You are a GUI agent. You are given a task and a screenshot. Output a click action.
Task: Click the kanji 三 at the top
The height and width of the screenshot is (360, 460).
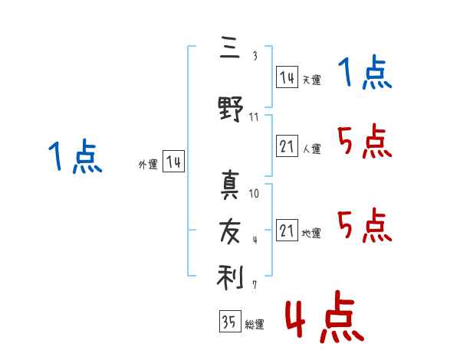230,47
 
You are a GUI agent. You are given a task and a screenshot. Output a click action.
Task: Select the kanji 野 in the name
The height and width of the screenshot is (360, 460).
231,109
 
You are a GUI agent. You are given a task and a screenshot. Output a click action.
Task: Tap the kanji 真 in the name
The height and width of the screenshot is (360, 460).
230,185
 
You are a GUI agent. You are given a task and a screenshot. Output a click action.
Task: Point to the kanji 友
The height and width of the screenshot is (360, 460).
230,231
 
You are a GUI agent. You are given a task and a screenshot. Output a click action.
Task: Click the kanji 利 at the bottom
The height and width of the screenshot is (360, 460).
230,277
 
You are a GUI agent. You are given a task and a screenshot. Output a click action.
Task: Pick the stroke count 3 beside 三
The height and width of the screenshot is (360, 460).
255,56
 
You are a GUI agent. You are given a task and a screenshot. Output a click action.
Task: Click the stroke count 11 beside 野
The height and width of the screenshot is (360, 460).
254,117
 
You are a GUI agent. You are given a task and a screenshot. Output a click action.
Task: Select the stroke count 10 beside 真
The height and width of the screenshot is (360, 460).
254,194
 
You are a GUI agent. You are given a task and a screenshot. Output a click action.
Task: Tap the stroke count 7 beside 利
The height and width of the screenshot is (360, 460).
255,284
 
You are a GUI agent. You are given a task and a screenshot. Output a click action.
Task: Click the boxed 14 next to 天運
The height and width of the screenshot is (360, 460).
287,77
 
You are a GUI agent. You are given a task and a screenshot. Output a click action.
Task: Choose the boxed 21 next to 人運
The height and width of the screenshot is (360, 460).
287,146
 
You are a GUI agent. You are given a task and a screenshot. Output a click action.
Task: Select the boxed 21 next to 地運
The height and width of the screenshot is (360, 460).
287,230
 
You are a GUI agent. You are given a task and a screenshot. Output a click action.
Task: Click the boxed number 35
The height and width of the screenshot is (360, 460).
230,321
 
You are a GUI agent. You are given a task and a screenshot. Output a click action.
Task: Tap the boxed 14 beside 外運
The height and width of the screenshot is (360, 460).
174,161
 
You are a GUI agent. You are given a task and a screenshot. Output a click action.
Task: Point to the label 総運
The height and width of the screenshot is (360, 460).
255,324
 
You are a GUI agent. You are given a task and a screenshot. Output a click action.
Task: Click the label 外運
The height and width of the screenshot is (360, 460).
148,165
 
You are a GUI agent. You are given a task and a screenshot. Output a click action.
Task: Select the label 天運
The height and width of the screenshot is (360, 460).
312,80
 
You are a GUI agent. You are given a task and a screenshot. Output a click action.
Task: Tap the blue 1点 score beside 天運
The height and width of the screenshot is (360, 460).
365,72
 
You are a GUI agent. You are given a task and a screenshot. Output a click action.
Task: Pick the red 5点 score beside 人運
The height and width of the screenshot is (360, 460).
365,141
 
